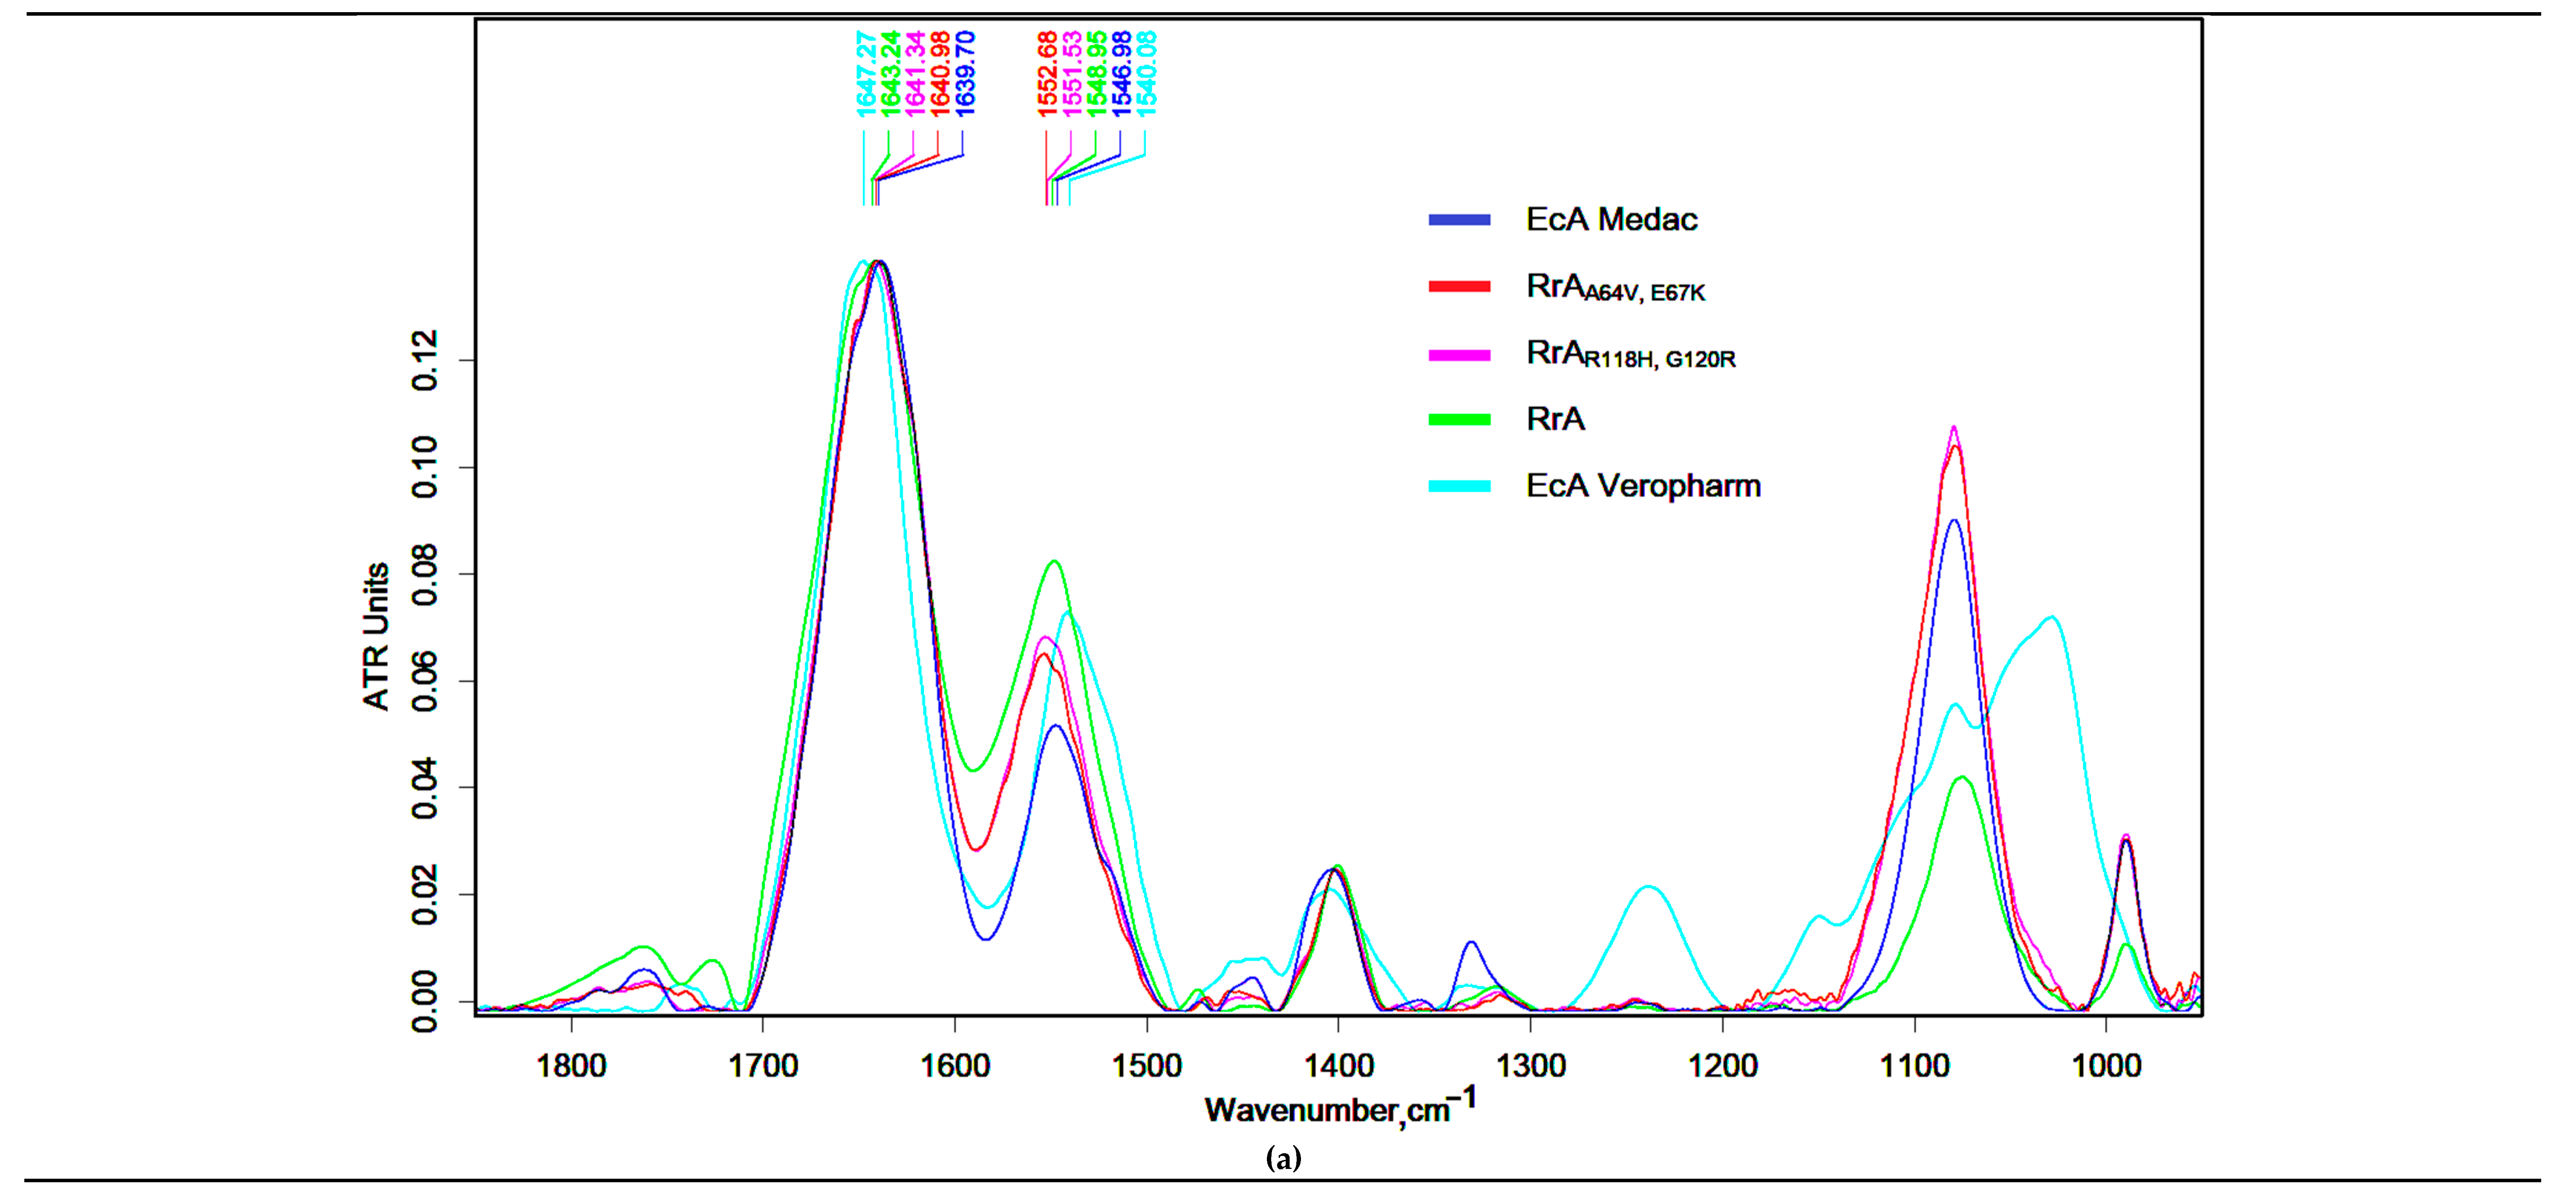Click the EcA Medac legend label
1611,220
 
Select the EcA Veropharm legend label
1643,486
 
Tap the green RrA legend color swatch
1459,419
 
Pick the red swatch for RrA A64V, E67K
1459,286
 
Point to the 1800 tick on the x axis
571,1066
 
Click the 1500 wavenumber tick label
1147,1066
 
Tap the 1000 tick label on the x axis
2106,1066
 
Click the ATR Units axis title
376,636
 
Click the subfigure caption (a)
1283,1158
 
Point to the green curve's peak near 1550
1054,562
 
